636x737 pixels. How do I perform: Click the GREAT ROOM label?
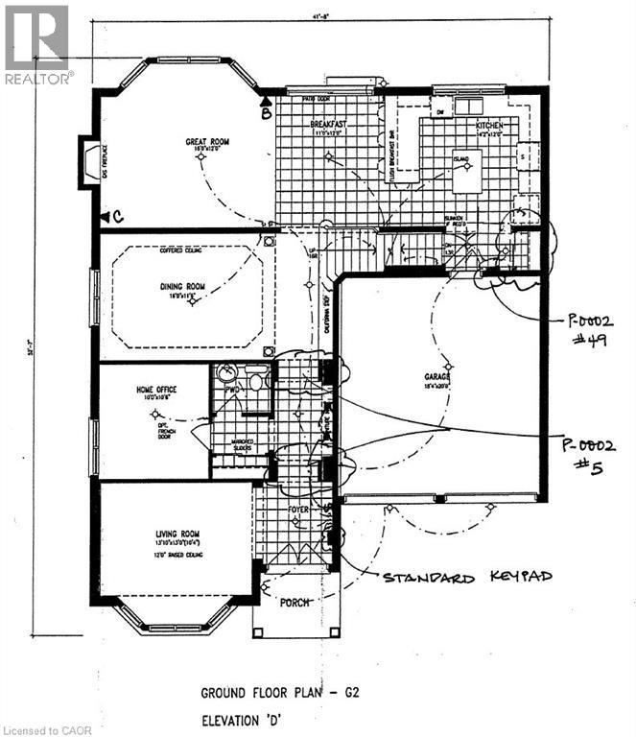(x=202, y=142)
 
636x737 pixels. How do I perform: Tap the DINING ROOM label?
(x=183, y=285)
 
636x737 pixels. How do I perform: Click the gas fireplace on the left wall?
(x=88, y=157)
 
